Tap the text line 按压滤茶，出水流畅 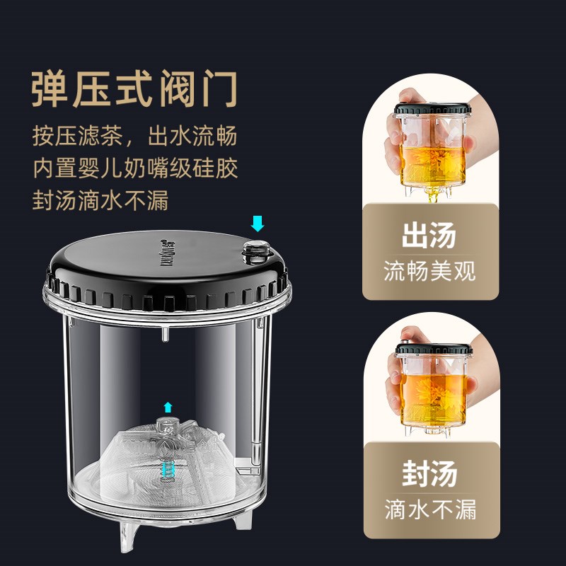click(134, 137)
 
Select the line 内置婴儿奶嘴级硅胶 click(134, 169)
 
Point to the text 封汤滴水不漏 click(100, 201)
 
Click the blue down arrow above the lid click(258, 224)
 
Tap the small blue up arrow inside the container click(168, 406)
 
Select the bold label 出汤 click(429, 236)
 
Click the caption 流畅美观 click(429, 271)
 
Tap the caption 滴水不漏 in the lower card click(429, 509)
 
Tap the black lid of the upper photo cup click(430, 110)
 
